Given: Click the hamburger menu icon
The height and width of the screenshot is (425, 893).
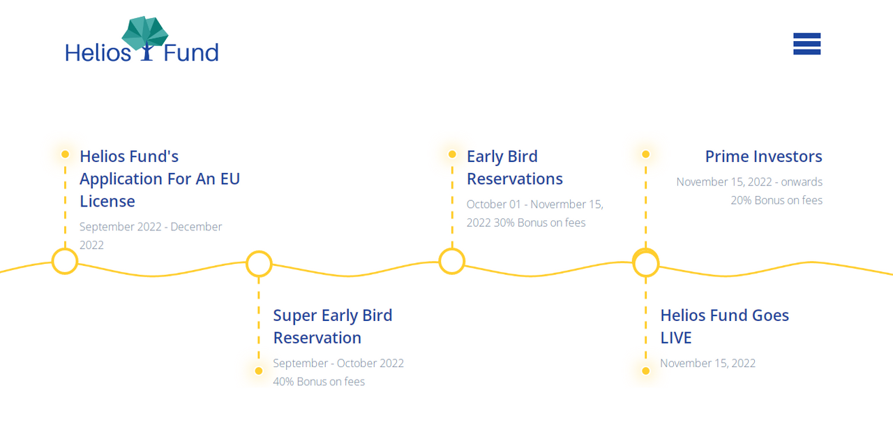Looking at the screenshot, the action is pyautogui.click(x=807, y=44).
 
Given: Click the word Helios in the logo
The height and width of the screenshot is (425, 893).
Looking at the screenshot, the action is pyautogui.click(x=98, y=52).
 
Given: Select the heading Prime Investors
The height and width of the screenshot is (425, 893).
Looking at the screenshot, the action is pyautogui.click(x=763, y=156).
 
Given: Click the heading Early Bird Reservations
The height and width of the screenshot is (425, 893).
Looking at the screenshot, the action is pyautogui.click(x=515, y=167).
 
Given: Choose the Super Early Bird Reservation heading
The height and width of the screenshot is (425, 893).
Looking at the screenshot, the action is pyautogui.click(x=333, y=327).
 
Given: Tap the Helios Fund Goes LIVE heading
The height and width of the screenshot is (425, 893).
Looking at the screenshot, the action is pyautogui.click(x=724, y=327).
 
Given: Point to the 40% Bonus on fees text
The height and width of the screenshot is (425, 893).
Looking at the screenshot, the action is pyautogui.click(x=319, y=382).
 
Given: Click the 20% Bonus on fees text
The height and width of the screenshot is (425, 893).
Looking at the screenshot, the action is pyautogui.click(x=776, y=200).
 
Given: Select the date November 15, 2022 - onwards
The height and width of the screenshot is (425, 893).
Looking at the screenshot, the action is pyautogui.click(x=749, y=182).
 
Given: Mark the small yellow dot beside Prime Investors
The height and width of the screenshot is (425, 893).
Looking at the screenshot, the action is pyautogui.click(x=646, y=154).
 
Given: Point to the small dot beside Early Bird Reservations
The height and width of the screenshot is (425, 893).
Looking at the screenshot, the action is pyautogui.click(x=452, y=154).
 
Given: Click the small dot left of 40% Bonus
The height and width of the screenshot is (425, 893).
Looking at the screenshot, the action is pyautogui.click(x=259, y=371).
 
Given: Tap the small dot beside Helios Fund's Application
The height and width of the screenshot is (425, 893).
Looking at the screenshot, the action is pyautogui.click(x=65, y=154).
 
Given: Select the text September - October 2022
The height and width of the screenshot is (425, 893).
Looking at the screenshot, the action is pyautogui.click(x=338, y=363).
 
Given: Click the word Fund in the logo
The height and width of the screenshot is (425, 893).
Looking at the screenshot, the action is pyautogui.click(x=191, y=52).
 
